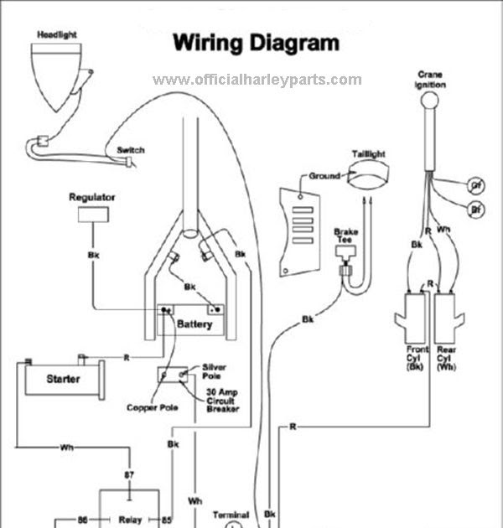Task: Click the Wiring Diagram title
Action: point(256,43)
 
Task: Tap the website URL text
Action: point(257,80)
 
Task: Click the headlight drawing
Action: point(55,74)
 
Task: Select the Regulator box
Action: point(91,215)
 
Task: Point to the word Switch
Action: point(130,150)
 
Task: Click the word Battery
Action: point(194,324)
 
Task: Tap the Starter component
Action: point(62,380)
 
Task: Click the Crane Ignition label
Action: point(430,80)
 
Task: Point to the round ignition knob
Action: point(430,103)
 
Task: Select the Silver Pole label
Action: point(217,371)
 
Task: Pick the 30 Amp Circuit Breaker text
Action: point(222,400)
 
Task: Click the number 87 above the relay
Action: point(129,475)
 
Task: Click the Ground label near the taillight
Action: point(324,176)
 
